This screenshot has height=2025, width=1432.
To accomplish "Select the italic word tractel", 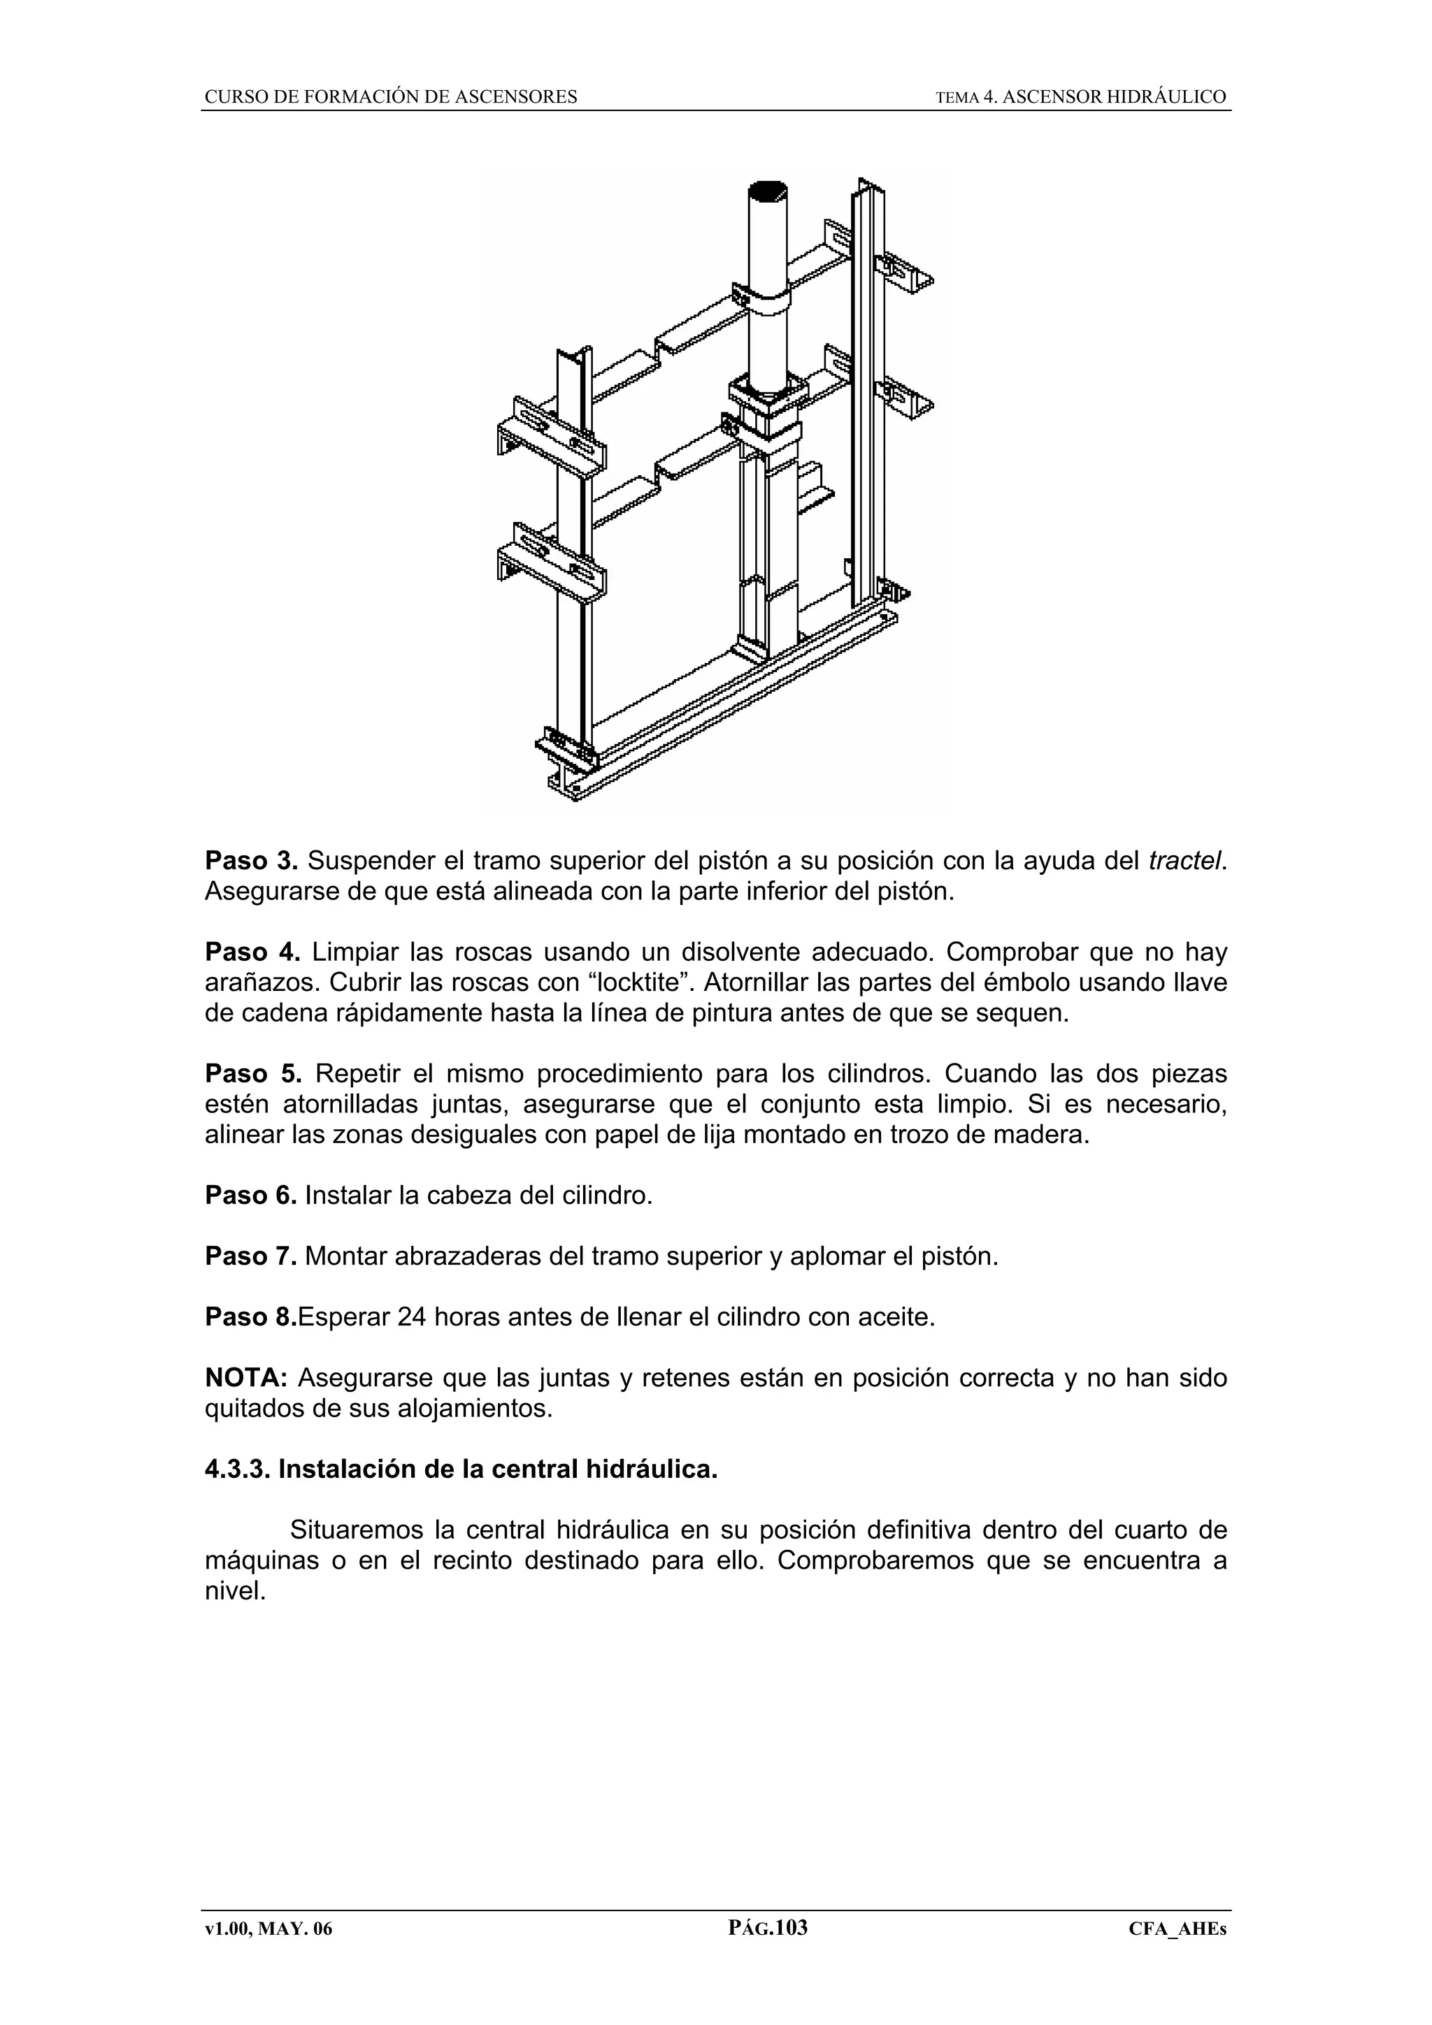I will pos(1187,860).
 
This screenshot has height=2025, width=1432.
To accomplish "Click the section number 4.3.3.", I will pos(237,1469).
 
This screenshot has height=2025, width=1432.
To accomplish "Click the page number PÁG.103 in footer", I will pos(768,1927).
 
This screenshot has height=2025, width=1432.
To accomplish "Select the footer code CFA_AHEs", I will pos(1178,1929).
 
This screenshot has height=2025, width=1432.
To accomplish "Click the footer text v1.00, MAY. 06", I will pos(269,1929).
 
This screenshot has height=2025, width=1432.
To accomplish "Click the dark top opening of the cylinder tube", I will pos(768,191).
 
